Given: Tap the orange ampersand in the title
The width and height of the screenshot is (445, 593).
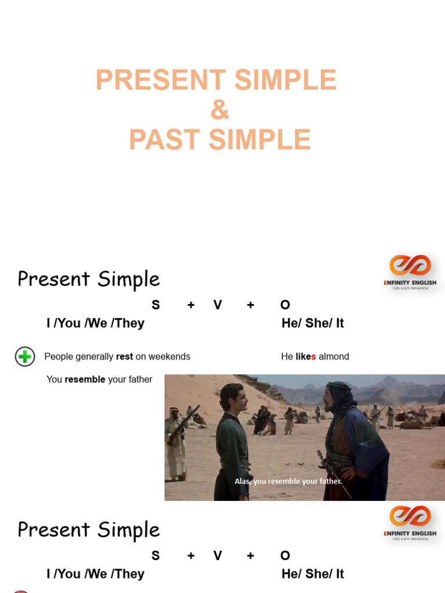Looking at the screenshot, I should click(x=220, y=110).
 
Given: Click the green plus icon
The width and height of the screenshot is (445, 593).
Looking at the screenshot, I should click(x=25, y=357).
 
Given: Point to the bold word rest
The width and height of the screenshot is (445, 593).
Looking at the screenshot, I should click(x=125, y=357).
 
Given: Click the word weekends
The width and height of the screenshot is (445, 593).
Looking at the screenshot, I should click(x=169, y=357).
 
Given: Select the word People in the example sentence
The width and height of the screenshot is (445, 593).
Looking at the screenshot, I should click(x=59, y=357).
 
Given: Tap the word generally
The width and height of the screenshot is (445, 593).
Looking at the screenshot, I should click(x=94, y=357).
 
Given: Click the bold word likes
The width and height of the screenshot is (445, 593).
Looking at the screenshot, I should click(x=305, y=357).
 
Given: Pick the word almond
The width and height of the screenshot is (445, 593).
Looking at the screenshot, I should click(x=334, y=357).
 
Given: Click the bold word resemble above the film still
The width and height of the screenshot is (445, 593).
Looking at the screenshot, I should click(x=85, y=379).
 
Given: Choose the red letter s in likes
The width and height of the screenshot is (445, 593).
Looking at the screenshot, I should click(x=313, y=357).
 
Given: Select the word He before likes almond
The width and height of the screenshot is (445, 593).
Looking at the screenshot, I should click(x=287, y=357).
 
